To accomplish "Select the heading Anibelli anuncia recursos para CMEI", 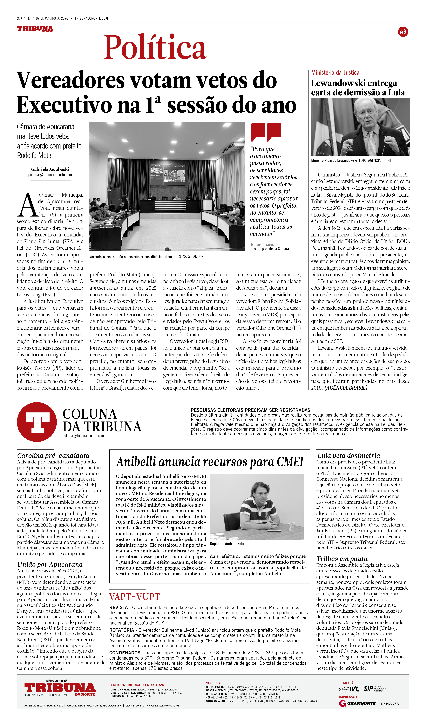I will point(210,462).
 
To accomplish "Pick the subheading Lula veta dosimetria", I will point(348,455).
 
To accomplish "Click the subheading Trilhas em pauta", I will point(342,559).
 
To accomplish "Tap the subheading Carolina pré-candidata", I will point(53,455).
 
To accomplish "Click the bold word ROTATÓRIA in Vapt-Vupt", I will point(121,630).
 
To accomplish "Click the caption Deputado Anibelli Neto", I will point(227,544).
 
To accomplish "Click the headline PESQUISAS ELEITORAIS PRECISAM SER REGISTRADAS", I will point(250,410).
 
